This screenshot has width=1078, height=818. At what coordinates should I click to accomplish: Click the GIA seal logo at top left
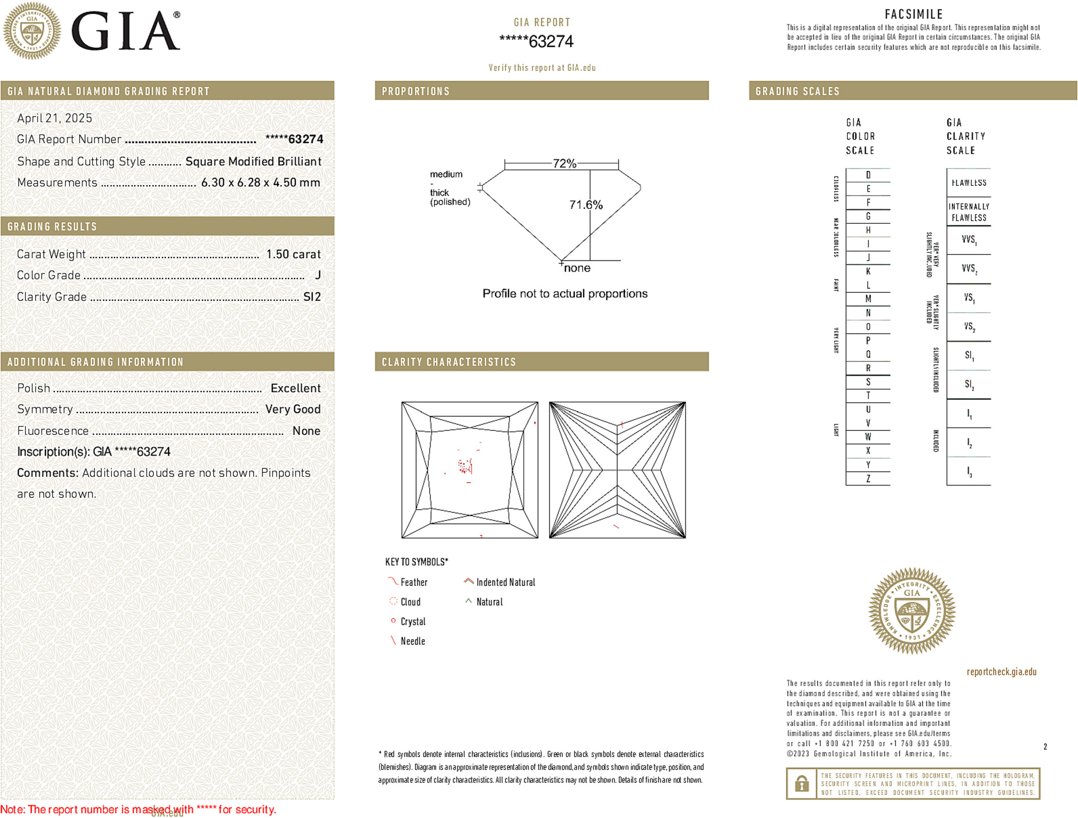pyautogui.click(x=32, y=30)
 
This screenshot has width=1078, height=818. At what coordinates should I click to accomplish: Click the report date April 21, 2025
pyautogui.click(x=55, y=118)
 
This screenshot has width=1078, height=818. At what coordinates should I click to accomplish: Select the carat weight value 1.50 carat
pyautogui.click(x=293, y=254)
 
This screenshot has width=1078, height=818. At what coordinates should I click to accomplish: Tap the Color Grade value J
pyautogui.click(x=318, y=276)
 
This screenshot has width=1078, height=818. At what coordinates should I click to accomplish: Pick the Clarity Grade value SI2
pyautogui.click(x=312, y=297)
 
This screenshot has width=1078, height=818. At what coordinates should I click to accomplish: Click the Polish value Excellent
pyautogui.click(x=295, y=388)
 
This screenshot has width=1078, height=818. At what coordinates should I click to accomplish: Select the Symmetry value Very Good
pyautogui.click(x=292, y=409)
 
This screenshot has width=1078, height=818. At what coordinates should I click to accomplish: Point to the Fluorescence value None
pyautogui.click(x=306, y=431)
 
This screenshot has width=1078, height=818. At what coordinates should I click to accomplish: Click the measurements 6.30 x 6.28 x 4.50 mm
pyautogui.click(x=260, y=182)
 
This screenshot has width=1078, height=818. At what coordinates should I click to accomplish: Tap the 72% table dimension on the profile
pyautogui.click(x=564, y=163)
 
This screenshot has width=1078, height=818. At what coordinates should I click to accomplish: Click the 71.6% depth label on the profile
pyautogui.click(x=585, y=205)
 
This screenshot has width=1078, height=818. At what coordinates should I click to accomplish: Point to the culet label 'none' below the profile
pyautogui.click(x=577, y=268)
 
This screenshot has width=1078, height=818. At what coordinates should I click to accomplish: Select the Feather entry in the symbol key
pyautogui.click(x=413, y=582)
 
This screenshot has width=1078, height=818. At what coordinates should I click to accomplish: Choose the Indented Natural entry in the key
pyautogui.click(x=505, y=582)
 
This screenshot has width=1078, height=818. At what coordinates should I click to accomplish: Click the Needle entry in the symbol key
pyautogui.click(x=412, y=641)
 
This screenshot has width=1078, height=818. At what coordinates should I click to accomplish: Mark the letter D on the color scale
pyautogui.click(x=868, y=175)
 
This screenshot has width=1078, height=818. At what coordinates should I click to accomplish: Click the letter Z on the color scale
pyautogui.click(x=868, y=479)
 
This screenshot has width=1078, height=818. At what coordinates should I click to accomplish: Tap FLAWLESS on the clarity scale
pyautogui.click(x=969, y=183)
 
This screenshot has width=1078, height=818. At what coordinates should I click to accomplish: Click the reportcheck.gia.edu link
pyautogui.click(x=1001, y=671)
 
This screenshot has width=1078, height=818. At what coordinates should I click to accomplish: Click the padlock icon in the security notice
pyautogui.click(x=801, y=783)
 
